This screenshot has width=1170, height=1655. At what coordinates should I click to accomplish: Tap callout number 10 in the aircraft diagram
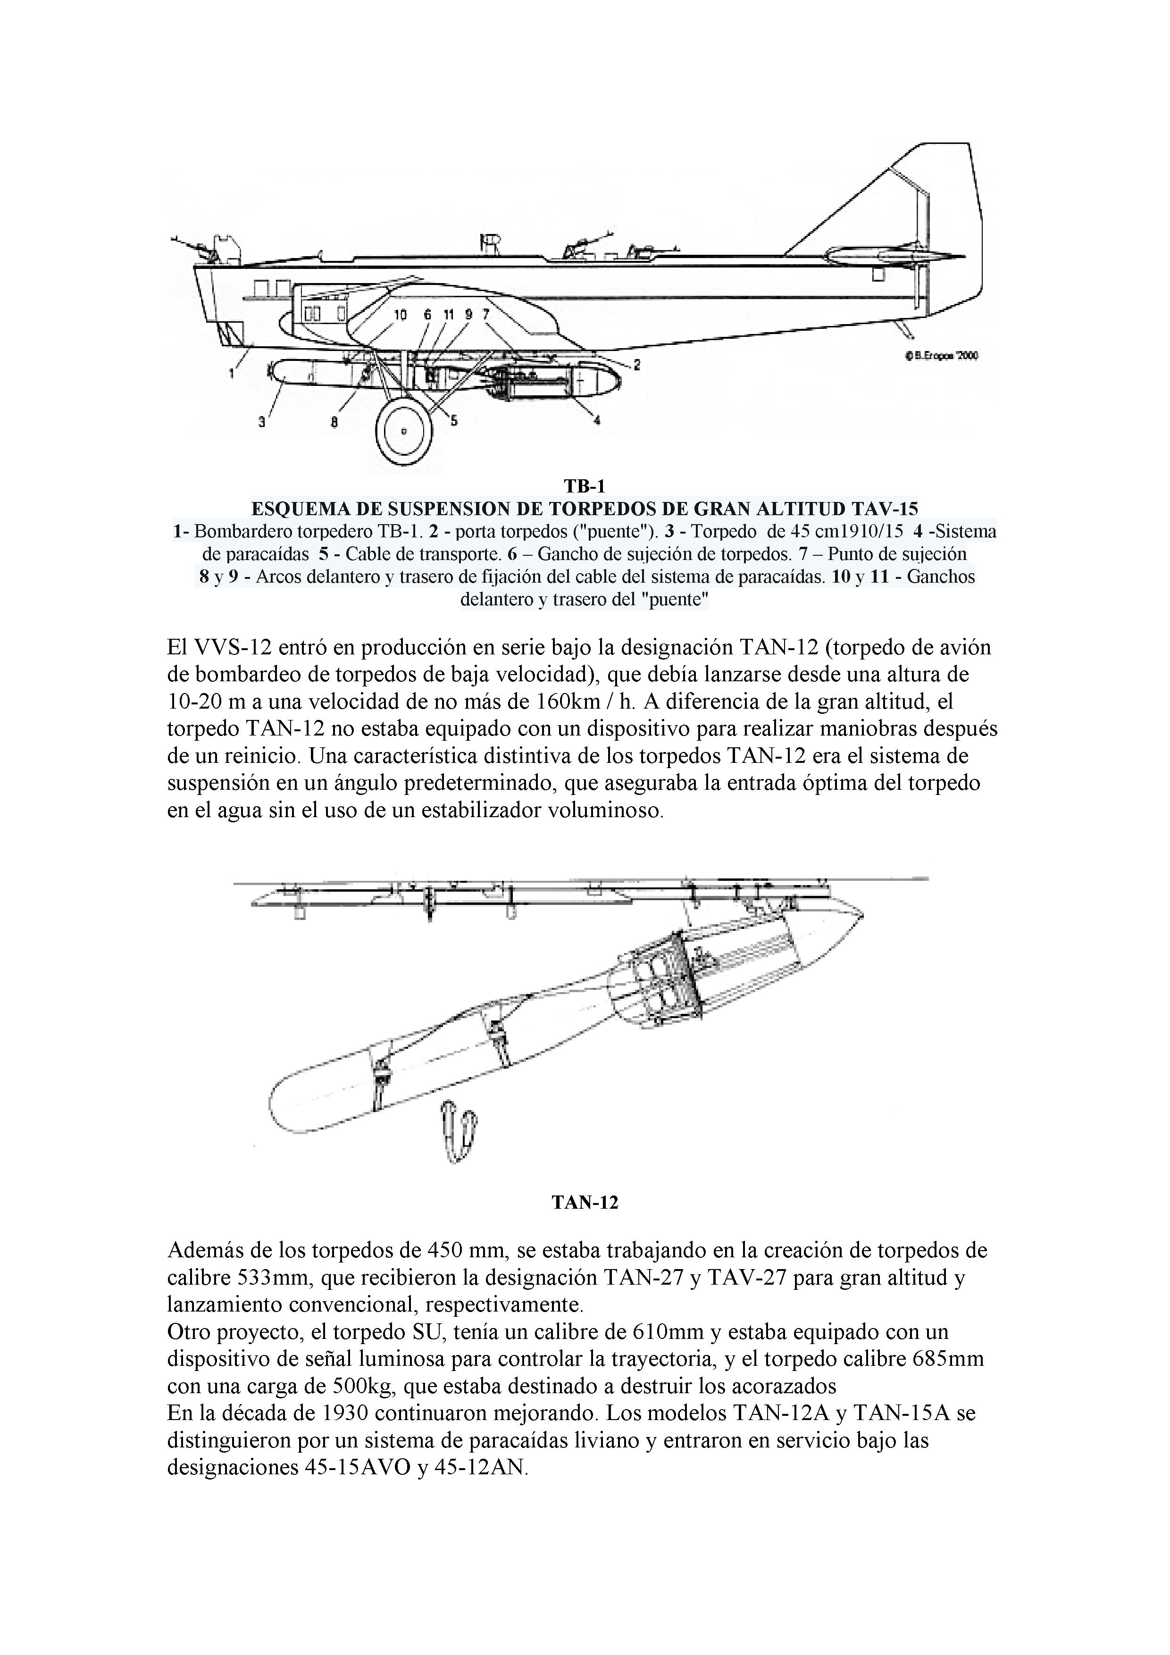point(400,314)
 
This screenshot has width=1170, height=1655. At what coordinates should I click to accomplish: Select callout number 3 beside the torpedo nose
point(262,423)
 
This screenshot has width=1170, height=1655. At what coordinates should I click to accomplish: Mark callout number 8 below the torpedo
point(334,423)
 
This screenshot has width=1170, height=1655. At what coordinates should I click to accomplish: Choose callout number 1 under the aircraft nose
point(231,373)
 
